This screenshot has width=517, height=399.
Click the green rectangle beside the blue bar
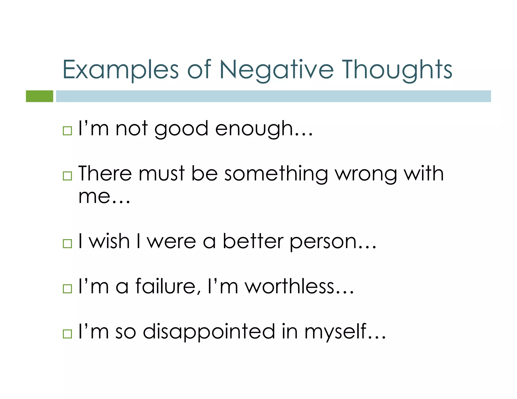[39, 96]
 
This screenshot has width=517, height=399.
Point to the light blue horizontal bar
[273, 96]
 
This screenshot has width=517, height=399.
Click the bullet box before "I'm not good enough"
[67, 131]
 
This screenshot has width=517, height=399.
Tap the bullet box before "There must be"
[67, 176]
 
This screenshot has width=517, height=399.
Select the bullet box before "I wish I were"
[67, 243]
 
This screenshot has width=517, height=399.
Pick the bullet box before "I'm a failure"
[67, 288]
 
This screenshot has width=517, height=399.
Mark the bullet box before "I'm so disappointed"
[67, 333]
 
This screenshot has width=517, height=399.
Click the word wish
[109, 241]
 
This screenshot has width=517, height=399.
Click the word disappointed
[209, 331]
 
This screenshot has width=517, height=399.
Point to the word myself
[336, 331]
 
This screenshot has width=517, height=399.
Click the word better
[253, 241]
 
